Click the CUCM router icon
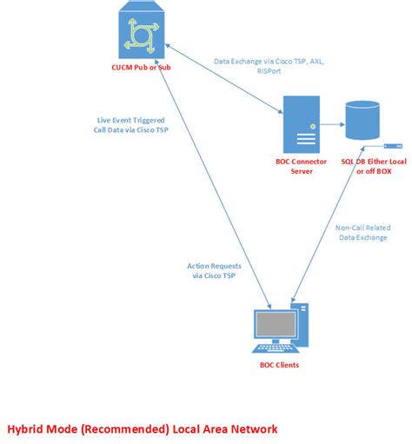tap(141, 32)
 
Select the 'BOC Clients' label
tap(279, 365)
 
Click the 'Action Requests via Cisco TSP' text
tap(215, 270)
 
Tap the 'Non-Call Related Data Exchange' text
tap(356, 233)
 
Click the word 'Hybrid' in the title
tap(29, 428)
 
